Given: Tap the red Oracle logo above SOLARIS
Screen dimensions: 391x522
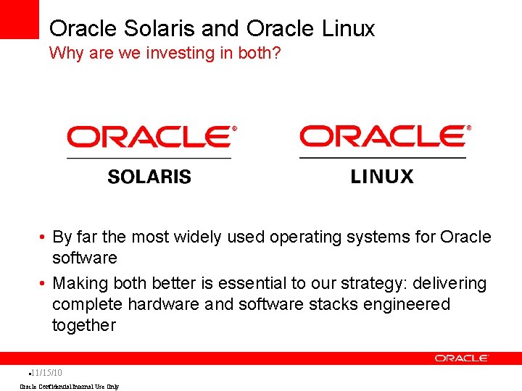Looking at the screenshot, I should (151, 136).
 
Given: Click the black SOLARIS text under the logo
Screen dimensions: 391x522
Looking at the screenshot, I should (149, 177).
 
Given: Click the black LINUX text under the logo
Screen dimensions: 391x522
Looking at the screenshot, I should (382, 177).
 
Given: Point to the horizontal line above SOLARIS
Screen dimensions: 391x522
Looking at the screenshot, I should (149, 158).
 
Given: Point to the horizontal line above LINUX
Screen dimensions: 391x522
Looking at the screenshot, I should (383, 157).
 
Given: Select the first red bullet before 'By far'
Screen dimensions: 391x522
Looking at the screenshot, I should (44, 237).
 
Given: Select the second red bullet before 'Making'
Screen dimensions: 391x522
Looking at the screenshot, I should (44, 284).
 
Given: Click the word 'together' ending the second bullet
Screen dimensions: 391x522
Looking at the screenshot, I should (83, 326).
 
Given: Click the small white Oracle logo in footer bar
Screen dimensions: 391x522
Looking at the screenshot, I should (462, 358).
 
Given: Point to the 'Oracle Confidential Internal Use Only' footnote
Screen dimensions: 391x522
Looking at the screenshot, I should (69, 387).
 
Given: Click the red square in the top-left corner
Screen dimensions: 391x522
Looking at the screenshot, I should (19, 19).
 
